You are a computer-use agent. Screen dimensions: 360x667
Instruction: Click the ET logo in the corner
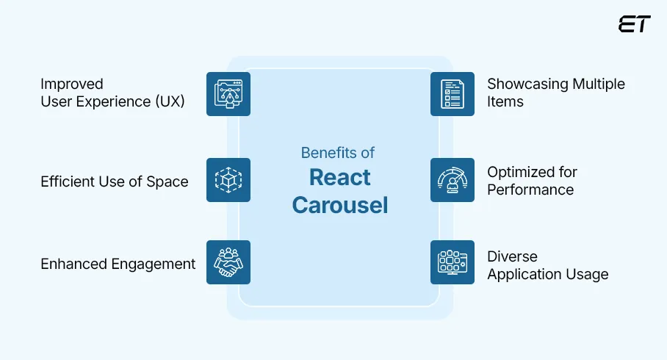pyautogui.click(x=635, y=24)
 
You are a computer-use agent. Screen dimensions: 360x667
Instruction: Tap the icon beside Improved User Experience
pyautogui.click(x=228, y=94)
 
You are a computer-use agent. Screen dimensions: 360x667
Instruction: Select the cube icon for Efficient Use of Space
pyautogui.click(x=228, y=180)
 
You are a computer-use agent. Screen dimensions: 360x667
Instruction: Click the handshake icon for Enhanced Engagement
pyautogui.click(x=228, y=262)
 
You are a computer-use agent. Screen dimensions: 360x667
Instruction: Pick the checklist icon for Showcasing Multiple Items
pyautogui.click(x=452, y=94)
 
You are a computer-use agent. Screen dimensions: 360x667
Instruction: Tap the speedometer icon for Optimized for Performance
pyautogui.click(x=452, y=180)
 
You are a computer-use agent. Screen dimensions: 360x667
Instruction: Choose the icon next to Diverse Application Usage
pyautogui.click(x=452, y=262)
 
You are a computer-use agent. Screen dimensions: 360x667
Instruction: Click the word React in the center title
pyautogui.click(x=339, y=178)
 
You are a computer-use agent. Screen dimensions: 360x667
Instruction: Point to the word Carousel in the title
pyautogui.click(x=339, y=205)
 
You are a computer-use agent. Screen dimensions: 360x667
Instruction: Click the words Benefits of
pyautogui.click(x=338, y=153)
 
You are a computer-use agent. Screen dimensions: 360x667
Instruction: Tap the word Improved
pyautogui.click(x=72, y=84)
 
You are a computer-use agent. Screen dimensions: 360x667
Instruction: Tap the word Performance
pyautogui.click(x=530, y=190)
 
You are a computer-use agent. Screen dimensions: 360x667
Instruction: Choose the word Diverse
pyautogui.click(x=512, y=256)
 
